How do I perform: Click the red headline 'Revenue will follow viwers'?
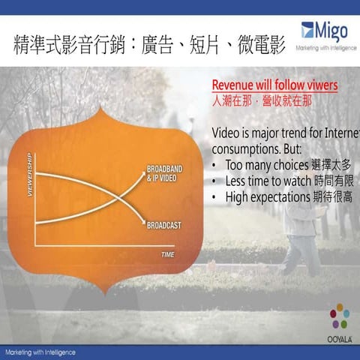click(x=274, y=85)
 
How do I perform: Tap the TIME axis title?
click(x=167, y=255)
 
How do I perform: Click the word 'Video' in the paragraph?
click(x=229, y=133)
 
